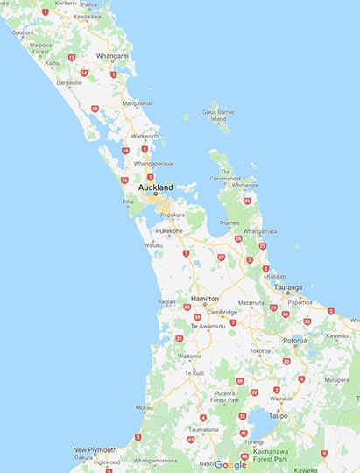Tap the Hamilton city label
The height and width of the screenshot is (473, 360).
pyautogui.click(x=204, y=299)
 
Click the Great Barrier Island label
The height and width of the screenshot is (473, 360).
pyautogui.click(x=220, y=116)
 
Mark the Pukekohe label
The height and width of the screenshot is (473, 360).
pyautogui.click(x=169, y=231)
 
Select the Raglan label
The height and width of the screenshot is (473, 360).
pyautogui.click(x=167, y=301)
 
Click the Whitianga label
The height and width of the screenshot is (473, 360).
pyautogui.click(x=244, y=186)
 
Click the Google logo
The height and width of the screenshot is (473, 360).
pyautogui.click(x=231, y=464)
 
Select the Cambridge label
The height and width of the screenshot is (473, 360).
pyautogui.click(x=222, y=312)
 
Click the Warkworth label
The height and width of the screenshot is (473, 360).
pyautogui.click(x=145, y=136)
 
